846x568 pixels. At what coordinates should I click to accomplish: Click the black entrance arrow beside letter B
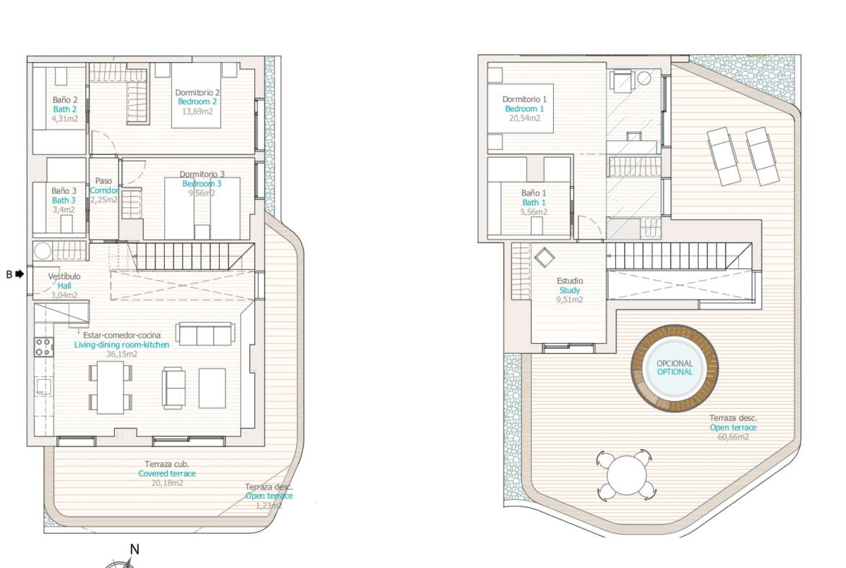point(20,274)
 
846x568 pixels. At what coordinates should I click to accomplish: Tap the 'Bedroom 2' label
point(197,101)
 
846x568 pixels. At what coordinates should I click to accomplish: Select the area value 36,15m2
point(122,355)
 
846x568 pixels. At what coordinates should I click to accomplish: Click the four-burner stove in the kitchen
point(44,347)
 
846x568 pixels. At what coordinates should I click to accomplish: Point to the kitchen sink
point(43,386)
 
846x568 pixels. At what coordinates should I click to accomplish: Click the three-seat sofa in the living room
point(205,334)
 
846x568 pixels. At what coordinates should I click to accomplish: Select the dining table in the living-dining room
point(111,388)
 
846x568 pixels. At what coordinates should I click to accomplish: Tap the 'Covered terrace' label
point(167,473)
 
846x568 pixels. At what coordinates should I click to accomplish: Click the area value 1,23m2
point(269,506)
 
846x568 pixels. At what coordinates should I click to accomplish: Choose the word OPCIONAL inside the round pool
point(675,363)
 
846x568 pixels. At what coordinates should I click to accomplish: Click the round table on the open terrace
point(626,475)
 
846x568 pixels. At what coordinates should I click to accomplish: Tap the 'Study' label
point(570,290)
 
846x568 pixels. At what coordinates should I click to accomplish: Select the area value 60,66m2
point(733,437)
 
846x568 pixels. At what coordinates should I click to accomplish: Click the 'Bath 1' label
point(534,203)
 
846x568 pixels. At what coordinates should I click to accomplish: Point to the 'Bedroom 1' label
point(524,109)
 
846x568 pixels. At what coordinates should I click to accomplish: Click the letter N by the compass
point(135,549)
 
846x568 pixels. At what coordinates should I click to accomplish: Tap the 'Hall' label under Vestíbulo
point(64,286)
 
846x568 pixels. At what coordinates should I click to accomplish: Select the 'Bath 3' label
point(64,200)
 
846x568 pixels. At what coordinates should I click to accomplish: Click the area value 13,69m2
point(197,111)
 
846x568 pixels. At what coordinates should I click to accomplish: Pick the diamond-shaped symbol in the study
point(544,258)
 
